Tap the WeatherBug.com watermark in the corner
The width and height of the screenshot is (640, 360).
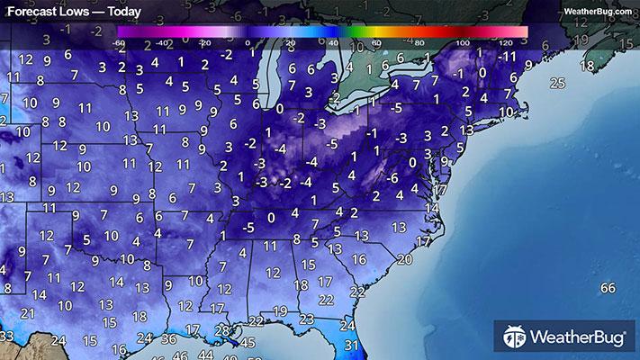click(597, 10)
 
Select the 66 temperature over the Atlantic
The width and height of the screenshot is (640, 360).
click(608, 287)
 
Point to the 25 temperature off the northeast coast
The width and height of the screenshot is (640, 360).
click(557, 84)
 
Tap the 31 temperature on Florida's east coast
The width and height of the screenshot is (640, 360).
click(351, 346)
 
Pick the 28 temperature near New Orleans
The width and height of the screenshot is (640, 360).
click(222, 332)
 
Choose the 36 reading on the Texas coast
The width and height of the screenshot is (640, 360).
click(168, 339)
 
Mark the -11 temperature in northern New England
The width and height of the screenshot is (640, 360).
click(509, 56)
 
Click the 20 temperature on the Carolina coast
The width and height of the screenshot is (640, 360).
click(404, 259)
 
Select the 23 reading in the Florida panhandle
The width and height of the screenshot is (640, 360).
click(307, 319)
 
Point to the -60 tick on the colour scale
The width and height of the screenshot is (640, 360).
click(120, 42)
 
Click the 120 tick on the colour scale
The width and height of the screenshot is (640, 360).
click(505, 42)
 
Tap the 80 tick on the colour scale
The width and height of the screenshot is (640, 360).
click(419, 42)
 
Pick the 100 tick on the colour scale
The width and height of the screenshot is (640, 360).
click(462, 42)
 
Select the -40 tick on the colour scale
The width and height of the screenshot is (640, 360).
click(163, 42)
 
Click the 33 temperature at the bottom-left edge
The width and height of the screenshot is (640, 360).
click(6, 336)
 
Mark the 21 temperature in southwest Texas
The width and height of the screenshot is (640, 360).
click(28, 312)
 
